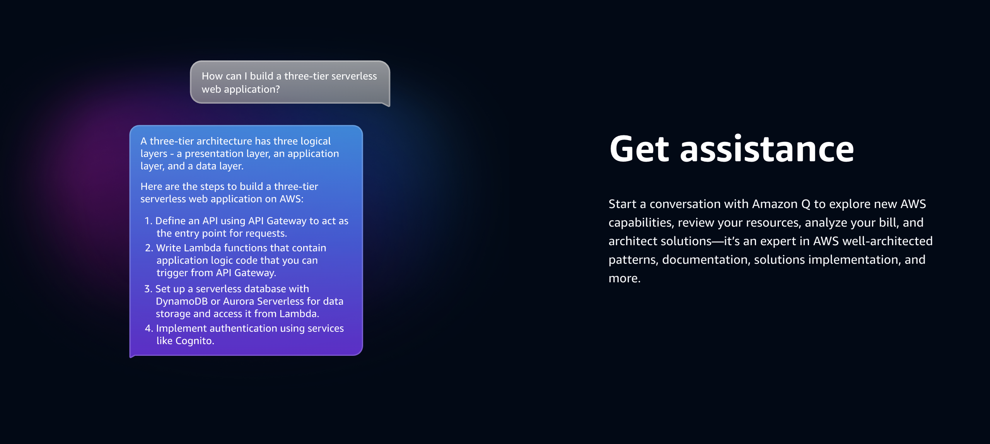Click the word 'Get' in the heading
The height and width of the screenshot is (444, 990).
639,149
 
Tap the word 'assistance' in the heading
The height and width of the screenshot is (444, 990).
767,149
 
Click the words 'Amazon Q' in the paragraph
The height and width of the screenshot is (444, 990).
781,204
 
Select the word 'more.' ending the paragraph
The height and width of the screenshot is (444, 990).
625,278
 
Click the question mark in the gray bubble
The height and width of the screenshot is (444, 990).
277,89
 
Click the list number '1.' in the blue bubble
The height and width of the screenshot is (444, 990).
148,221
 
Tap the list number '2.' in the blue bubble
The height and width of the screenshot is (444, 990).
149,248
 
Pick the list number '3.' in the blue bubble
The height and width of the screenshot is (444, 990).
148,289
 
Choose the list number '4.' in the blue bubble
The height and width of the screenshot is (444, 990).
149,328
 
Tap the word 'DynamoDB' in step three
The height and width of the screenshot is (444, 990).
182,301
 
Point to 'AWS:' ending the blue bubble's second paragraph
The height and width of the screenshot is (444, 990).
292,199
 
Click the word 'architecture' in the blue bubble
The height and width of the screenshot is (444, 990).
224,141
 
